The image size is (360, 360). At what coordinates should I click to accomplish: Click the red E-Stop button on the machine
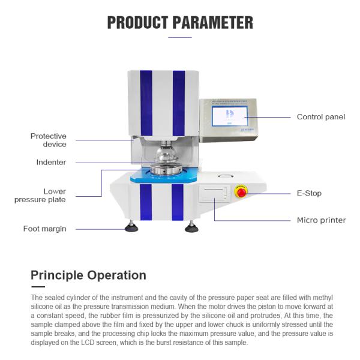[241, 191]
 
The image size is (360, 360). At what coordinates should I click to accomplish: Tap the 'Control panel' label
[321, 117]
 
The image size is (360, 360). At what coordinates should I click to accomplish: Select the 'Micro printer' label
[321, 220]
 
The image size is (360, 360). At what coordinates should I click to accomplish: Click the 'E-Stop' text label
[310, 193]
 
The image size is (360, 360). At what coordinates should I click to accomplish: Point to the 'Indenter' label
[51, 162]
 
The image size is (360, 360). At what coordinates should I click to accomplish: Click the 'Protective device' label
[49, 140]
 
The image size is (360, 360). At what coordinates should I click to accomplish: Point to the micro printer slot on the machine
[213, 193]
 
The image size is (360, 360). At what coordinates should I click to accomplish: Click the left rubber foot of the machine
[131, 227]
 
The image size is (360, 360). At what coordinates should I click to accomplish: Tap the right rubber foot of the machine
[191, 227]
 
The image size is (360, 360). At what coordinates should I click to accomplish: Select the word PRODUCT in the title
[137, 23]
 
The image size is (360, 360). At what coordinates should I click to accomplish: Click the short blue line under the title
[180, 38]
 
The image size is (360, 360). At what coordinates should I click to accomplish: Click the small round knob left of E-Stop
[225, 177]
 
